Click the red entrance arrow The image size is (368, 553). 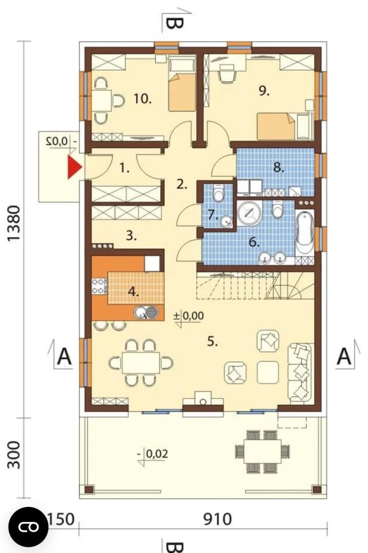click(74, 167)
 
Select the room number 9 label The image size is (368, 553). click(264, 91)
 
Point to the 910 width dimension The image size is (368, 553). click(217, 519)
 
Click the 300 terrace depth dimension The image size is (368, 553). click(13, 454)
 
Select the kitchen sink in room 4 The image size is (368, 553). click(146, 312)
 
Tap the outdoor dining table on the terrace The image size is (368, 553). click(263, 451)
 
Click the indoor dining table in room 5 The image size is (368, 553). click(141, 362)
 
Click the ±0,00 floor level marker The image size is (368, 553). click(189, 316)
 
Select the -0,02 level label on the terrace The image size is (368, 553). click(153, 454)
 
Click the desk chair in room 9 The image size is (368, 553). click(227, 74)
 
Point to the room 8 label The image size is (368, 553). click(278, 167)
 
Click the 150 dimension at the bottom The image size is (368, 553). click(61, 519)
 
